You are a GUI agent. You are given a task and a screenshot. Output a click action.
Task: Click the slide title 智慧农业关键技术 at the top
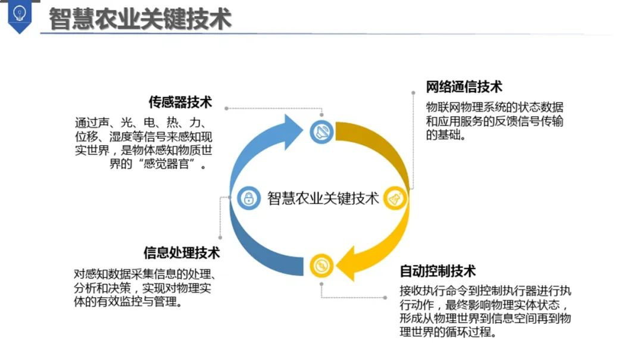[139, 18]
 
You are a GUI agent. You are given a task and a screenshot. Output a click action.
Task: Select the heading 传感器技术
[180, 102]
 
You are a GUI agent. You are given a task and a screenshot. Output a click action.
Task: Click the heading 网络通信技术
[464, 86]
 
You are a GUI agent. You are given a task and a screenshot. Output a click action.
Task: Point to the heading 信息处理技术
[182, 252]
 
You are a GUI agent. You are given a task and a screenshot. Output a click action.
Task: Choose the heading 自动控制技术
[438, 271]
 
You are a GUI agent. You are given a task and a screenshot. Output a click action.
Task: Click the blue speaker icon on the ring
[322, 131]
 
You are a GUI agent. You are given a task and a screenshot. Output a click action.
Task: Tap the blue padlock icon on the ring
[249, 198]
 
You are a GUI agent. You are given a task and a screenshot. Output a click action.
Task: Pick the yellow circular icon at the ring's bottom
[321, 264]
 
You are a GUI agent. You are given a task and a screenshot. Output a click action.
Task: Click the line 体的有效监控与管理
[127, 302]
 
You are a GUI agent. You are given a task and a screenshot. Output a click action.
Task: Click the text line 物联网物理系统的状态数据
[494, 107]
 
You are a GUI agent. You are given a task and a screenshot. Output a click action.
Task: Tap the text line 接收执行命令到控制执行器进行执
[485, 291]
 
